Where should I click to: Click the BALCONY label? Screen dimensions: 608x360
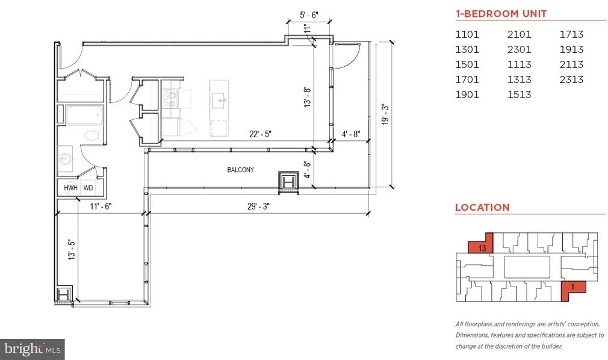(240, 170)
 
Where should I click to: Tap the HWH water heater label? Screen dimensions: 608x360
(70, 188)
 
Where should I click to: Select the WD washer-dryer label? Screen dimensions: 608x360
(88, 188)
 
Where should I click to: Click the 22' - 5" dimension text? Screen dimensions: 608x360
(260, 134)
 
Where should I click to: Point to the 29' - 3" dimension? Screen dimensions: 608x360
(258, 206)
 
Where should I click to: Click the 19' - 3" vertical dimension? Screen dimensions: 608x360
(385, 114)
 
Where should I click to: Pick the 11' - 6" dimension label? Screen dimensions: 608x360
(101, 206)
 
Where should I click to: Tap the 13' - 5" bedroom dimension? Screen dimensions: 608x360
(72, 249)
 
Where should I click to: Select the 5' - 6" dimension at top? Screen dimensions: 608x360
(309, 15)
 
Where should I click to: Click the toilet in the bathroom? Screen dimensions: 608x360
(94, 135)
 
